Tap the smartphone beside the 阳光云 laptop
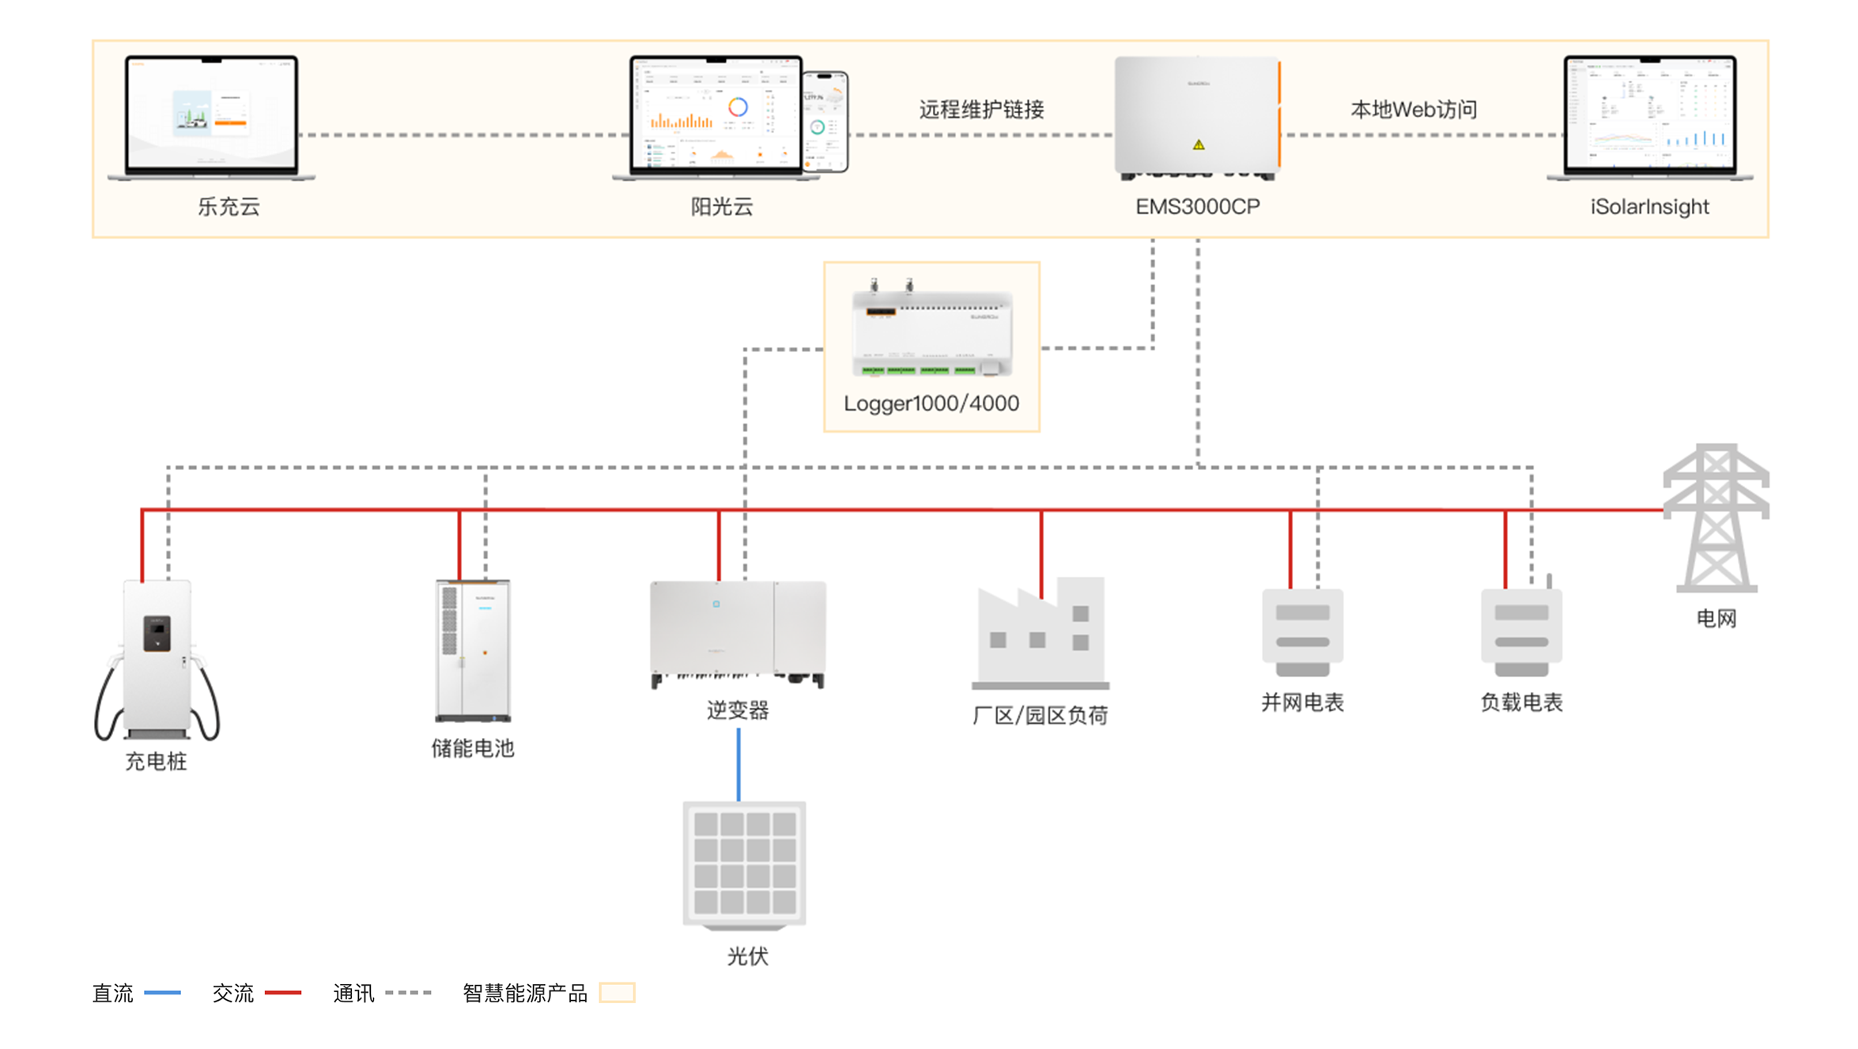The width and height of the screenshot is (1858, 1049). (825, 121)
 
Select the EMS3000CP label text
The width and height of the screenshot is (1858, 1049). (1197, 207)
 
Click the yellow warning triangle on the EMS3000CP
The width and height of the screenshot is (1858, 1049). (1199, 145)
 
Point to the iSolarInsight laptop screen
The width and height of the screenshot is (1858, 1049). (1650, 112)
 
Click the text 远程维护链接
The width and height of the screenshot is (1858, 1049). (981, 110)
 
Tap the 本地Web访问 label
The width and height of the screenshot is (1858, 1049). (1414, 110)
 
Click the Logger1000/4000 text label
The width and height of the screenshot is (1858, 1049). (931, 403)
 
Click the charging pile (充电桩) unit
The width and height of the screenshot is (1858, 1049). (157, 657)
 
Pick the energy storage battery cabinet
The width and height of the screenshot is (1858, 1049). (473, 650)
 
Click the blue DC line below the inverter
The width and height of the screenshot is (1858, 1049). (738, 764)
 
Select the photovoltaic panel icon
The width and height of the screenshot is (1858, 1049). (744, 865)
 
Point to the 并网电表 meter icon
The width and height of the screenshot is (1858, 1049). (1302, 631)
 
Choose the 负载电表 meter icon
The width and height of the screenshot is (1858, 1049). (1521, 631)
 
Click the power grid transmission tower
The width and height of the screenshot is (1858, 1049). (1716, 518)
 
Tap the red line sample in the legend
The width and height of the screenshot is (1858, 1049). (282, 993)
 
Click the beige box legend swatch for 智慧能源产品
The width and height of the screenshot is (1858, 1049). (617, 993)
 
